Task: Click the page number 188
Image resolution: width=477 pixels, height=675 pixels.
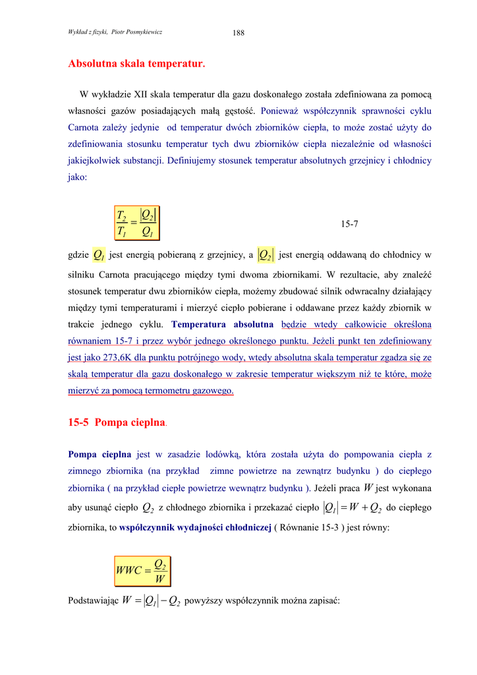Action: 238,32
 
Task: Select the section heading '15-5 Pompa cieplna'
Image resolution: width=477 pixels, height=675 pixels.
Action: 117,423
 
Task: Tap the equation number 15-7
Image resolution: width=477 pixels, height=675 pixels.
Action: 349,224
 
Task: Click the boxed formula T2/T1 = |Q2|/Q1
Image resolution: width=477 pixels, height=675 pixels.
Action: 138,223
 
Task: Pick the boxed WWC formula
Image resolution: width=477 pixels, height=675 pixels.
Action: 142,571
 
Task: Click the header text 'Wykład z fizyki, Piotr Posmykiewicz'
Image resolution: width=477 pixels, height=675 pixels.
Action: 115,32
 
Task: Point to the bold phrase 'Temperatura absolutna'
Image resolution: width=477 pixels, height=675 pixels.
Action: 222,324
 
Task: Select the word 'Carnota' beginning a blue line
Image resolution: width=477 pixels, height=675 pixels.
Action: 84,127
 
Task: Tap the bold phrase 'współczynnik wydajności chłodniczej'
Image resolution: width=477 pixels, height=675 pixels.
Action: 195,527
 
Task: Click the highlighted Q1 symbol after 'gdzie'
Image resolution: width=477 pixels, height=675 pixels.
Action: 98,254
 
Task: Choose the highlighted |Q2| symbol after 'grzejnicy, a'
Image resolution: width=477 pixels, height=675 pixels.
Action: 266,254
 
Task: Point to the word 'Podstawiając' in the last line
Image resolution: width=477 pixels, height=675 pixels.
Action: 93,601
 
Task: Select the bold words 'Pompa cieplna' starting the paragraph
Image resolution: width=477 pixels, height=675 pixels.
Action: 99,454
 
